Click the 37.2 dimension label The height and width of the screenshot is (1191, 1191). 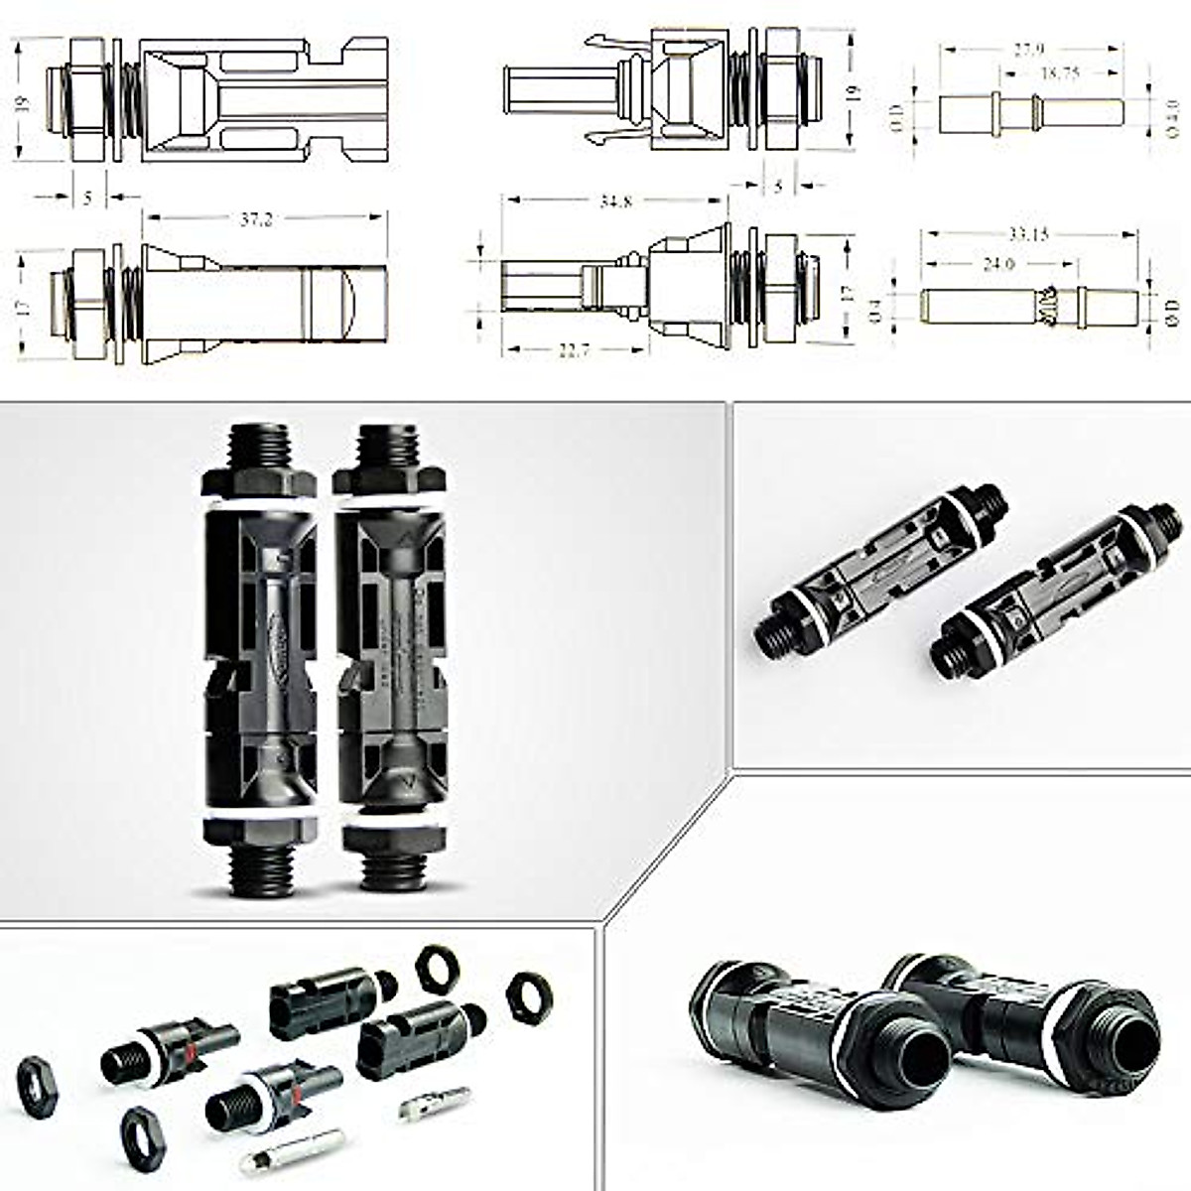(x=256, y=220)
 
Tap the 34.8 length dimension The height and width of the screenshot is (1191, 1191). (x=615, y=202)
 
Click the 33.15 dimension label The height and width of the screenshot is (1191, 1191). (x=1028, y=235)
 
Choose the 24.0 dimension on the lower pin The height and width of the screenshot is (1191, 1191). (x=997, y=265)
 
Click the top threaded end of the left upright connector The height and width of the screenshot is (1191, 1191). (x=258, y=447)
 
